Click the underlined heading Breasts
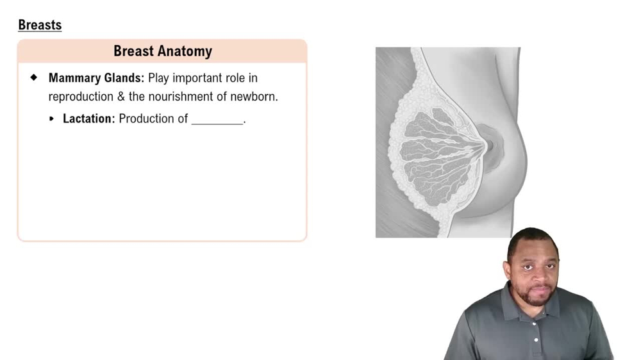(x=40, y=25)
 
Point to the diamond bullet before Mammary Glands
(x=34, y=78)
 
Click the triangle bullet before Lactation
(x=51, y=119)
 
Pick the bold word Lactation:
(x=88, y=119)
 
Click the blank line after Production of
(x=217, y=124)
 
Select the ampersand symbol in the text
(x=121, y=97)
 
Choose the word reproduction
(x=81, y=97)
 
